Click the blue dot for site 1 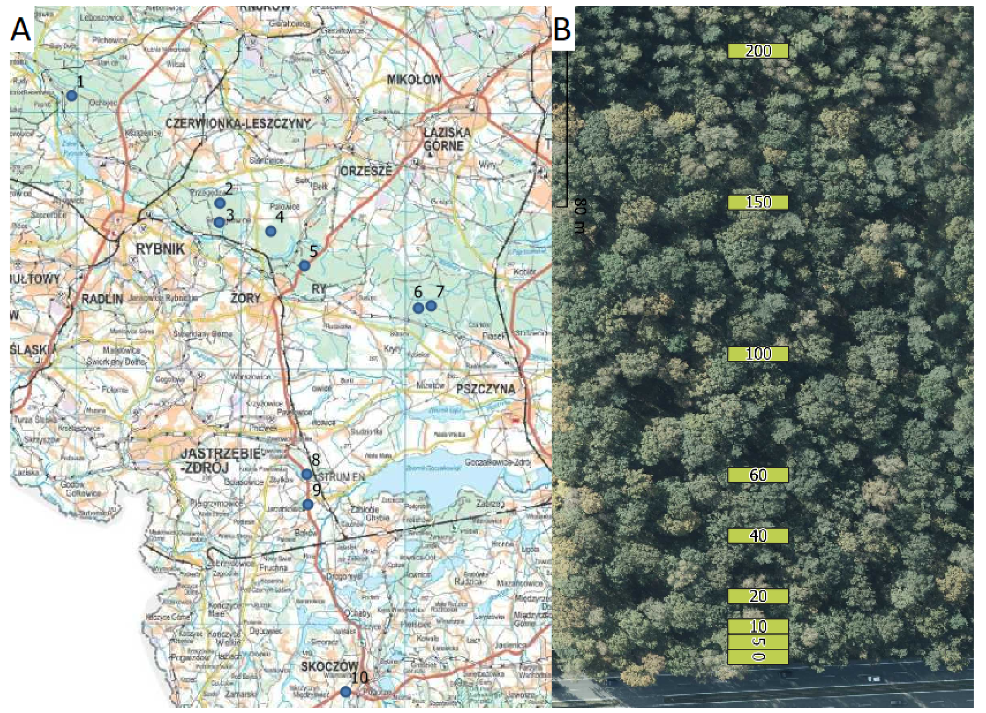point(72,96)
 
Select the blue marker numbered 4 point(271,231)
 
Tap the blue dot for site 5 point(304,265)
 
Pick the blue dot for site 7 point(431,306)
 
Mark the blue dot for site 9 point(308,504)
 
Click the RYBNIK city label point(161,250)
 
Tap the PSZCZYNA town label point(486,389)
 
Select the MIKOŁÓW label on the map point(414,79)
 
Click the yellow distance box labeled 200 point(758,51)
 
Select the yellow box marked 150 point(758,203)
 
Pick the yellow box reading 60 point(758,475)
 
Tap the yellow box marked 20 point(758,596)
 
